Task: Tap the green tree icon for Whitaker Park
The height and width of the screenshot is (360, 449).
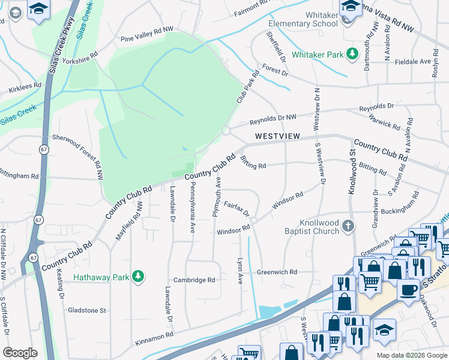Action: [351, 55]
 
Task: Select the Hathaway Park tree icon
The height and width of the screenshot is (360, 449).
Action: [139, 276]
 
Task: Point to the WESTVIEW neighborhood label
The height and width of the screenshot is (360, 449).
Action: [277, 136]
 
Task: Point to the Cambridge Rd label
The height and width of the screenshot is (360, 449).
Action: [194, 280]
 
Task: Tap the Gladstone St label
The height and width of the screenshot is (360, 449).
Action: [85, 311]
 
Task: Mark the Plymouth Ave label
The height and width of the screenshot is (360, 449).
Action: [215, 197]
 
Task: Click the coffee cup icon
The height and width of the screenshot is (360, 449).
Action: [409, 290]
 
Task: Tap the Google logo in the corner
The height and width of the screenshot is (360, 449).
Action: [20, 353]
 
